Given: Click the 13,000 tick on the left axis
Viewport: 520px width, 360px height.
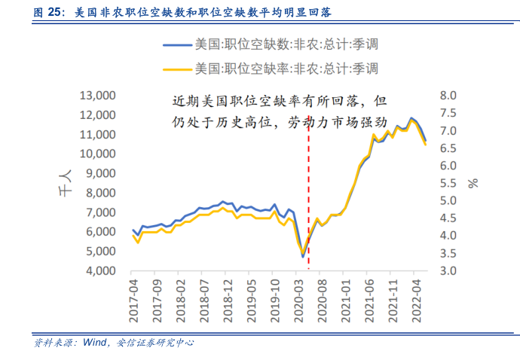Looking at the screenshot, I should click(97, 96).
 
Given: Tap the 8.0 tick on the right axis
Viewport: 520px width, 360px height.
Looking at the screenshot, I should click(449, 96).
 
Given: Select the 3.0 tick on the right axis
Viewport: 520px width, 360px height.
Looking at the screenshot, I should click(449, 271).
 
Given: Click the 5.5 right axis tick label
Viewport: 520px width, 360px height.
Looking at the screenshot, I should click(449, 183).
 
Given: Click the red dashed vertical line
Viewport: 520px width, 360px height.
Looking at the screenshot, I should click(309, 188).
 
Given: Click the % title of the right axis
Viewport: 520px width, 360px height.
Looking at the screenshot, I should click(473, 183).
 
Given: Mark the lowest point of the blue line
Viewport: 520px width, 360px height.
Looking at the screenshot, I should click(303, 257).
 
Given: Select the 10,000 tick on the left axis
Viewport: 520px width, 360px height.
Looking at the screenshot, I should click(97, 154).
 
